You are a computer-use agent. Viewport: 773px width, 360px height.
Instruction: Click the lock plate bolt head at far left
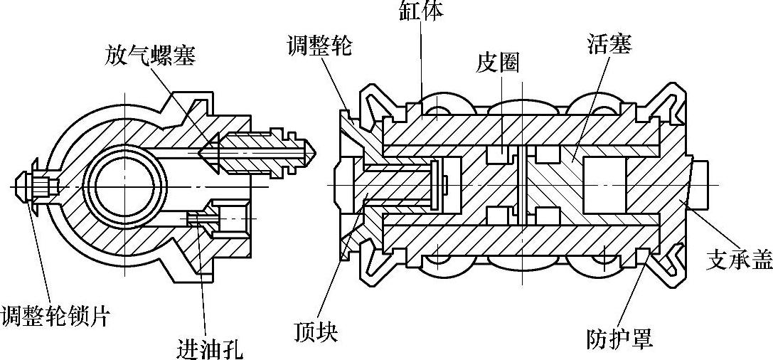pyautogui.click(x=28, y=186)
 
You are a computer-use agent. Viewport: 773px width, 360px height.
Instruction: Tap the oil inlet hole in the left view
pyautogui.click(x=198, y=218)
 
